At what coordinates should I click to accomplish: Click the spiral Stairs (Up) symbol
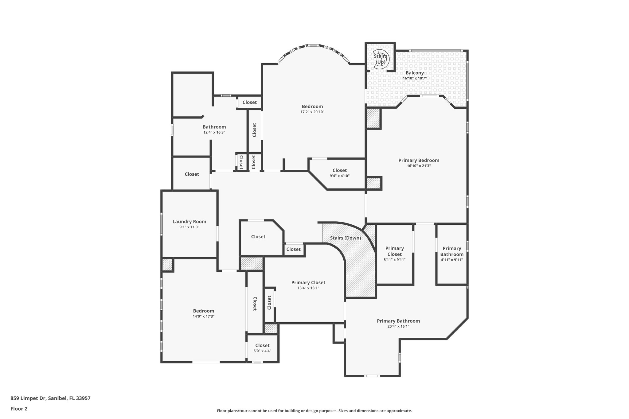[x=381, y=59]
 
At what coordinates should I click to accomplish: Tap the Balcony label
[x=415, y=73]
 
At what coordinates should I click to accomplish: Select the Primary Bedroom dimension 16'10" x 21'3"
[x=419, y=166]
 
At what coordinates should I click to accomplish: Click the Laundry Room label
[x=189, y=222]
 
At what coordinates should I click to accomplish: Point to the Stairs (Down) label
[x=345, y=238]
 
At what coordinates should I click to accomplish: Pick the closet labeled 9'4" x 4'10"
[x=339, y=173]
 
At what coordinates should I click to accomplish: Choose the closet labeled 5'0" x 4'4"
[x=262, y=348]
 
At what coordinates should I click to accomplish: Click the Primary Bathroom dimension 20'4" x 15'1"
[x=398, y=327]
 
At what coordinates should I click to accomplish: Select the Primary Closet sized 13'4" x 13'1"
[x=308, y=285]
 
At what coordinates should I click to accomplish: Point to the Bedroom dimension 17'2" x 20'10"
[x=312, y=112]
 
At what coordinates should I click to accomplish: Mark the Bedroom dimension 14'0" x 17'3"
[x=203, y=316]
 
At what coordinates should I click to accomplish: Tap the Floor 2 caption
[x=19, y=409]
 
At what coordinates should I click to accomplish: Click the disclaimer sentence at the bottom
[x=314, y=411]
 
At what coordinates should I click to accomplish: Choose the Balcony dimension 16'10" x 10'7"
[x=415, y=78]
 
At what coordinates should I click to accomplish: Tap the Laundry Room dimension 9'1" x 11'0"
[x=189, y=227]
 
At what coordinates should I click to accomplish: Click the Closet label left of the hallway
[x=192, y=174]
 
